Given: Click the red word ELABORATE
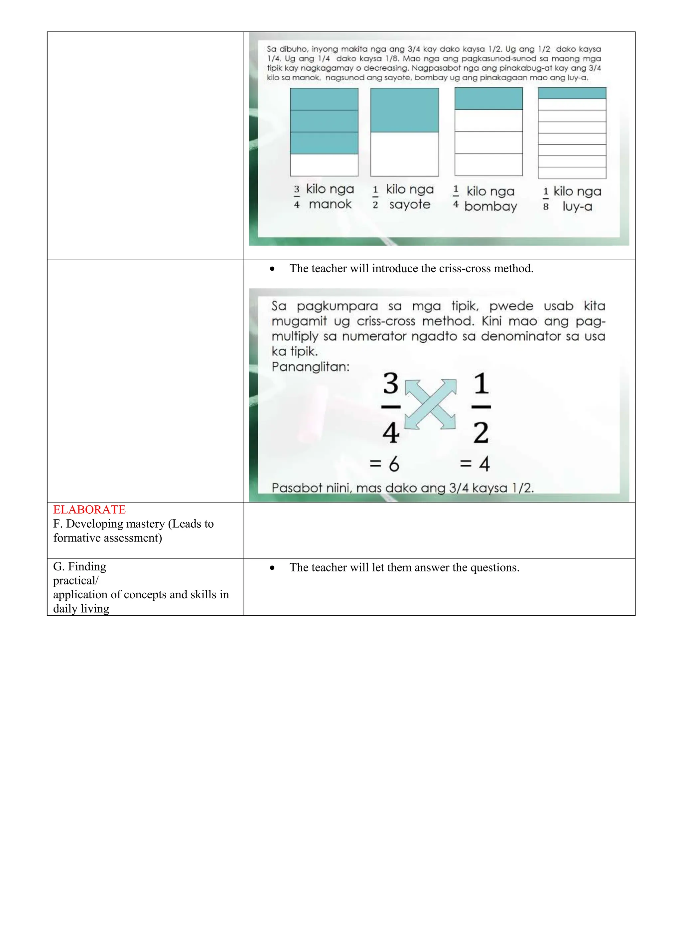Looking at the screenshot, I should (89, 509).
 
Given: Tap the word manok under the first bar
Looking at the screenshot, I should (330, 204).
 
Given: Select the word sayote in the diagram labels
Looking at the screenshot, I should (410, 204).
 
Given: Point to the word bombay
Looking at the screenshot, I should (490, 206).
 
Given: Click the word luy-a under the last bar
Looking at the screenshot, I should (577, 206).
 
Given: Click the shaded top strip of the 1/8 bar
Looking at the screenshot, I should (572, 93).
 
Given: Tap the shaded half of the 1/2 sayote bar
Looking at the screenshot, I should (404, 110).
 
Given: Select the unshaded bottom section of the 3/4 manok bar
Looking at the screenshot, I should (324, 165).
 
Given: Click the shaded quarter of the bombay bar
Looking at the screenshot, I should (488, 99).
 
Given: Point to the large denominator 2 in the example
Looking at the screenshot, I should (481, 433).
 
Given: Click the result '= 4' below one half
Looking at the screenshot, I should (475, 464).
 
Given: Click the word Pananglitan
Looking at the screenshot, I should (311, 367).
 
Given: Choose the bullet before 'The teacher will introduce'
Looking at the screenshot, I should (272, 269).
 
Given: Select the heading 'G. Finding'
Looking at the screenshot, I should (79, 566).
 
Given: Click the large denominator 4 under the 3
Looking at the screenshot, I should (390, 433).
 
